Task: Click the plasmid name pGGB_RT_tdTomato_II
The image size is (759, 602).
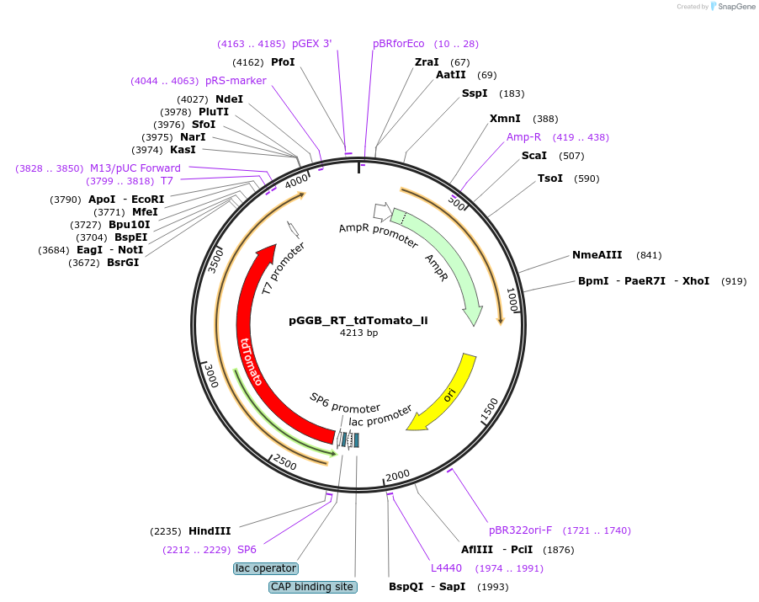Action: [x=358, y=320]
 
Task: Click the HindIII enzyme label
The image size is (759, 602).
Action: [x=210, y=531]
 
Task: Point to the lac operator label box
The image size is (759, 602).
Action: [x=265, y=568]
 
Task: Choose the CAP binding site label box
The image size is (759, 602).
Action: [x=313, y=587]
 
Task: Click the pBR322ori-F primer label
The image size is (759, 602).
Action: [x=521, y=530]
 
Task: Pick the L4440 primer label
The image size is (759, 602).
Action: [x=446, y=568]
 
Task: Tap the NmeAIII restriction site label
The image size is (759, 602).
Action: [x=597, y=255]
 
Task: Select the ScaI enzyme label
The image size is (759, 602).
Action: [x=534, y=156]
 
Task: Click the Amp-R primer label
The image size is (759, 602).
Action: [x=524, y=137]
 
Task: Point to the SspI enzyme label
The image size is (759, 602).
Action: [x=475, y=93]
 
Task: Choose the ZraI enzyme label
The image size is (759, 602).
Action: [x=427, y=62]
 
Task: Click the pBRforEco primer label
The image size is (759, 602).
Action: [x=399, y=44]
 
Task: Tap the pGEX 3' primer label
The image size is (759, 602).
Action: [x=311, y=44]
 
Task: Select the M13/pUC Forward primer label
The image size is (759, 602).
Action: [x=135, y=168]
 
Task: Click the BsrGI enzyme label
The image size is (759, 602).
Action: [x=123, y=263]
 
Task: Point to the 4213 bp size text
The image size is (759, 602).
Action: [x=358, y=333]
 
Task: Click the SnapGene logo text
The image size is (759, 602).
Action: [x=735, y=7]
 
